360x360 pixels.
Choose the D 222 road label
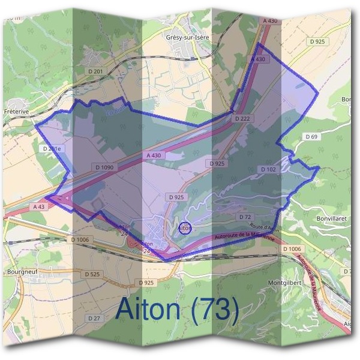click(242, 119)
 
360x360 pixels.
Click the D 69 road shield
click(311, 137)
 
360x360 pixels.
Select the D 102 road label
click(268, 170)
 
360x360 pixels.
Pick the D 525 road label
click(92, 274)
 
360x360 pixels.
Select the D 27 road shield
click(93, 318)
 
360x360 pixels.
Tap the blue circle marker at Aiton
click(185, 229)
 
